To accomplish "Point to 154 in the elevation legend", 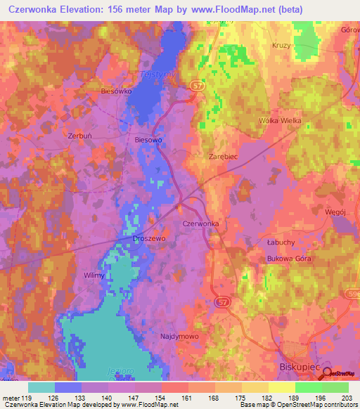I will click(x=162, y=398).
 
